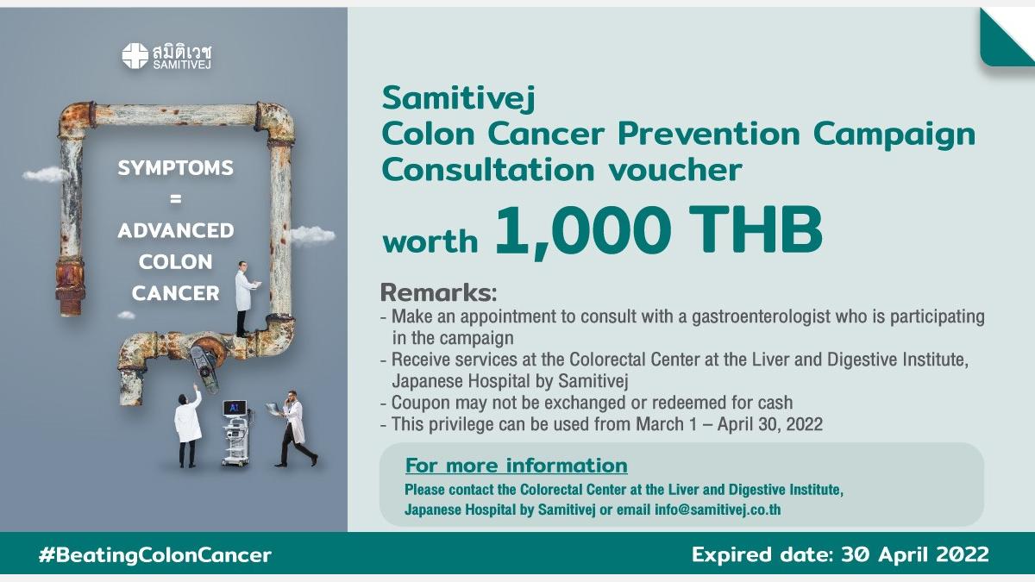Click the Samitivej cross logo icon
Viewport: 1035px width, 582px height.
point(135,56)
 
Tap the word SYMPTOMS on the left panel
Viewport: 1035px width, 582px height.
point(176,167)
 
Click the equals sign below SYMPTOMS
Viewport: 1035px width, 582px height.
point(176,199)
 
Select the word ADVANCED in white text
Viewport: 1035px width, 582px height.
point(176,230)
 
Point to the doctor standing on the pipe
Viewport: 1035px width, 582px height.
point(245,299)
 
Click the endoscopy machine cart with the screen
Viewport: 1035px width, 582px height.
point(236,433)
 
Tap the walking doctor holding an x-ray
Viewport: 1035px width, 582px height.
point(293,429)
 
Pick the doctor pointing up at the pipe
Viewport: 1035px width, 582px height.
point(188,426)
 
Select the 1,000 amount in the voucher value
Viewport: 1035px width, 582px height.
point(584,231)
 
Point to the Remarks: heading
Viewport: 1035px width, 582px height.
point(438,293)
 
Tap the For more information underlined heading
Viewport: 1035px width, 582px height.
point(516,466)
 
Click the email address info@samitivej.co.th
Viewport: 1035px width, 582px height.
point(718,510)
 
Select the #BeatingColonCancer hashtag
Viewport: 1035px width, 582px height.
point(155,554)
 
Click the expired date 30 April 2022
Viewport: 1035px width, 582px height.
point(915,554)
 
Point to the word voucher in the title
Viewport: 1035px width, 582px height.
point(675,170)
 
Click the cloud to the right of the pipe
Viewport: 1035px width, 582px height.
point(312,235)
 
